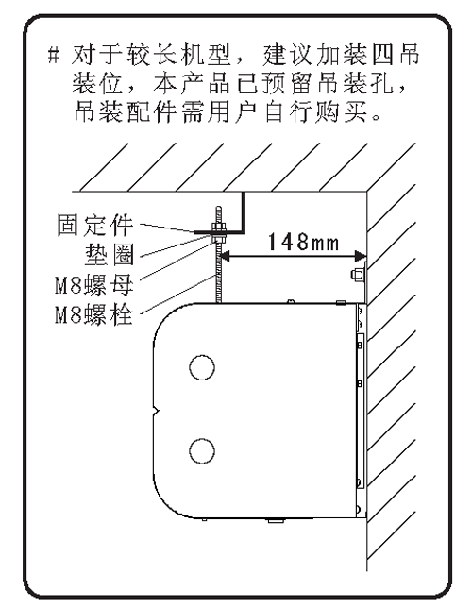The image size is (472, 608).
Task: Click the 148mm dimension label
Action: pyautogui.click(x=303, y=242)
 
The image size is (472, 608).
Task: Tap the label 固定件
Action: pyautogui.click(x=95, y=225)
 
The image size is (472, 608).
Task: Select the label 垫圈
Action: pyautogui.click(x=110, y=254)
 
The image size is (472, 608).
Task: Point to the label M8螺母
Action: pyautogui.click(x=94, y=285)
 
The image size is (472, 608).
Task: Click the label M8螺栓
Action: pyautogui.click(x=94, y=314)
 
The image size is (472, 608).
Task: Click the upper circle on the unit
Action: pyautogui.click(x=202, y=367)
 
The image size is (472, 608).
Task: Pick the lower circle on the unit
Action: pyautogui.click(x=202, y=451)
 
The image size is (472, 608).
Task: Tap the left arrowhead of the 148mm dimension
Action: pyautogui.click(x=226, y=256)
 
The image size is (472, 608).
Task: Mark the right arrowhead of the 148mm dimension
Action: pyautogui.click(x=361, y=256)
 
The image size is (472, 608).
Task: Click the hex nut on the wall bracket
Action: pyautogui.click(x=357, y=274)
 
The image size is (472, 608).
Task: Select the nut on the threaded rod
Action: pyautogui.click(x=219, y=227)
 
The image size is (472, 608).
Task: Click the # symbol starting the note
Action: pyautogui.click(x=54, y=55)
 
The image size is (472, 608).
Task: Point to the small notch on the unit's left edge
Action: pyautogui.click(x=156, y=411)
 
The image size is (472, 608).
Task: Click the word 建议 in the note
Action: pyautogui.click(x=287, y=55)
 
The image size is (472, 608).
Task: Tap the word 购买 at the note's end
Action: pyautogui.click(x=341, y=111)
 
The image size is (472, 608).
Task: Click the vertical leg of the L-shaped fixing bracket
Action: pyautogui.click(x=244, y=211)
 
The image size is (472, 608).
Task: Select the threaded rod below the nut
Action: pyautogui.click(x=219, y=273)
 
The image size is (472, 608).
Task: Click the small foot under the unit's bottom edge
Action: pyautogui.click(x=276, y=521)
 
